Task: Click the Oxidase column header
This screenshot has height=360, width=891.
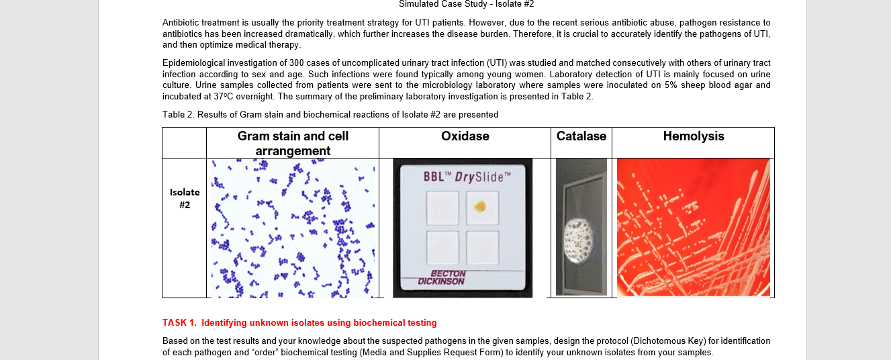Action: click(x=465, y=136)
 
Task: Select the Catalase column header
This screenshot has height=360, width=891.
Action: click(x=581, y=136)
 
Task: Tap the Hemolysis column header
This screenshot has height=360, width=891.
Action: click(x=694, y=136)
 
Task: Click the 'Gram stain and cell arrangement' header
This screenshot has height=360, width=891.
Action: click(x=293, y=143)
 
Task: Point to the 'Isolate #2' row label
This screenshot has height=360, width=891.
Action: click(x=185, y=198)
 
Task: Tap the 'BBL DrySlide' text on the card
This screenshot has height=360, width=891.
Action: click(x=467, y=177)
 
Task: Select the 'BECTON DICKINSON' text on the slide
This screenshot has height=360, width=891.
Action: click(x=441, y=278)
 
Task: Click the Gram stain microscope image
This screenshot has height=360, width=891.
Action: click(x=293, y=228)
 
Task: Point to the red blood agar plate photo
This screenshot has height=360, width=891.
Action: click(x=694, y=227)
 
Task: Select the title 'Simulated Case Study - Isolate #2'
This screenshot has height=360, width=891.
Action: click(x=466, y=4)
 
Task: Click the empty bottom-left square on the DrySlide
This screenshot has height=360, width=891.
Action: click(x=442, y=247)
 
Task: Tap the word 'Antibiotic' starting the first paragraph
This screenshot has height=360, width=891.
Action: click(x=181, y=23)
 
